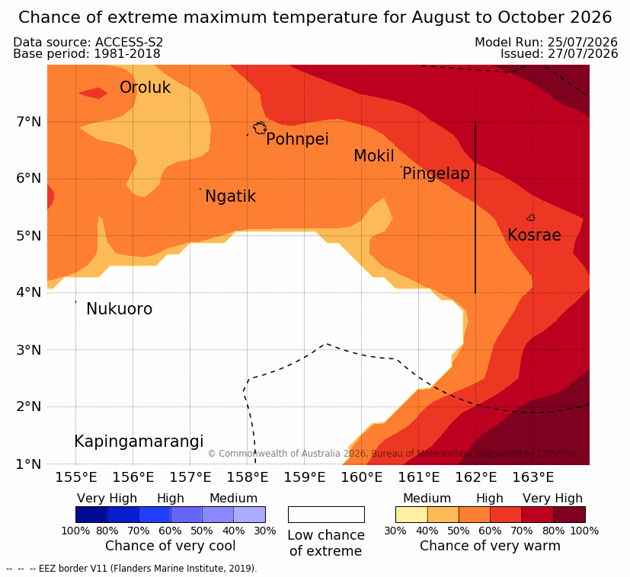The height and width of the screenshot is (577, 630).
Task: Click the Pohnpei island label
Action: pyautogui.click(x=297, y=139)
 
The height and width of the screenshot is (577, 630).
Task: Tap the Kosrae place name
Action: pyautogui.click(x=534, y=235)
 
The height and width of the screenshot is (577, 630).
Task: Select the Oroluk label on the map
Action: pyautogui.click(x=145, y=88)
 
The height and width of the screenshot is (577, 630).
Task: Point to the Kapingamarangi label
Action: pyautogui.click(x=139, y=442)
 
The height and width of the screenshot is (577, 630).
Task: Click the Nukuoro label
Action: pyautogui.click(x=120, y=309)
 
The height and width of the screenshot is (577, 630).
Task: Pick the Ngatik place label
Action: pyautogui.click(x=230, y=196)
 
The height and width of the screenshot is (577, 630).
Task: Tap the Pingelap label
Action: pyautogui.click(x=436, y=174)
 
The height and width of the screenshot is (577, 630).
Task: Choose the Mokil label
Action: pyautogui.click(x=374, y=156)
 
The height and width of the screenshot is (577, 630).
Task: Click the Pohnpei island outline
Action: pyautogui.click(x=260, y=128)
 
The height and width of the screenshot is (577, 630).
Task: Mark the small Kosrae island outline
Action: pyautogui.click(x=531, y=218)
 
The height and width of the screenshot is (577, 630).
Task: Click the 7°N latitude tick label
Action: pyautogui.click(x=29, y=121)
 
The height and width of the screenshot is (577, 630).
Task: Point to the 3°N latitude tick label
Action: pyautogui.click(x=29, y=349)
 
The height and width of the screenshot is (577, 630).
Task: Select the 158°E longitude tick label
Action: pyautogui.click(x=248, y=477)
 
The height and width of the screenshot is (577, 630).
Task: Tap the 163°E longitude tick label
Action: pyautogui.click(x=533, y=477)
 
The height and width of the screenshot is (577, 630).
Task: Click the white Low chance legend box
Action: pyautogui.click(x=326, y=515)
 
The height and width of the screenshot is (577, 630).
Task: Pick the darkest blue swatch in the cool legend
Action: pyautogui.click(x=91, y=515)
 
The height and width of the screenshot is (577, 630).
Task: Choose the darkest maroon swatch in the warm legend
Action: pyautogui.click(x=569, y=515)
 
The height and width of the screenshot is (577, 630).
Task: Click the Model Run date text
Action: pyautogui.click(x=546, y=42)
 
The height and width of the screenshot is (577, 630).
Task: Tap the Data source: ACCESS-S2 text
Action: pyautogui.click(x=88, y=42)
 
